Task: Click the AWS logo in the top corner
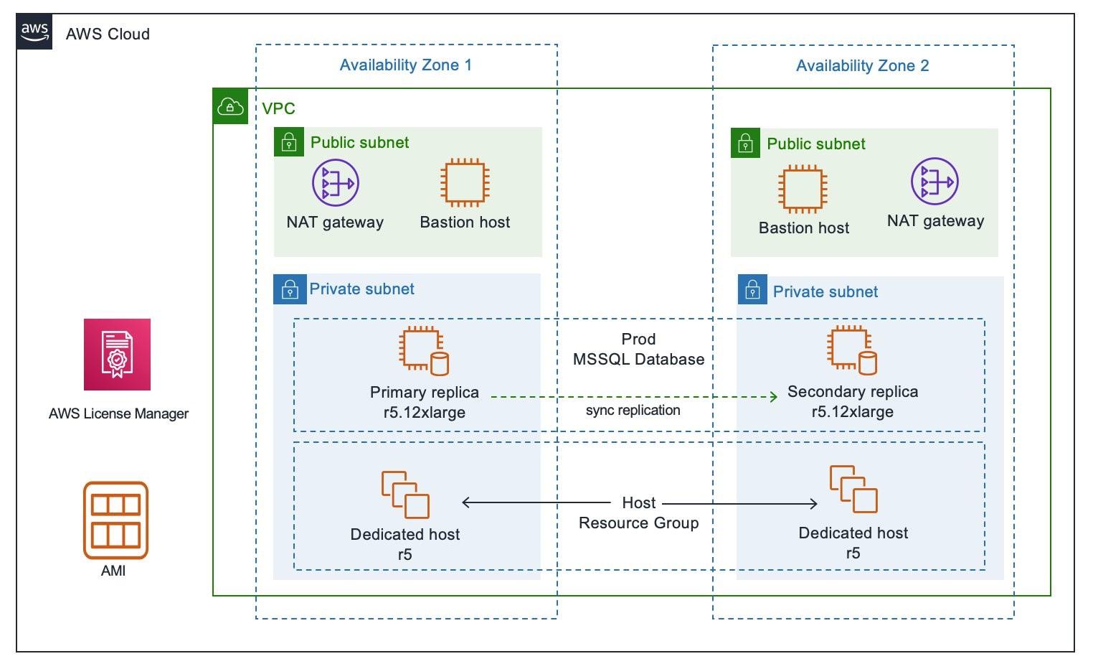pos(34,32)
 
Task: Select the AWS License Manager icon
pos(117,355)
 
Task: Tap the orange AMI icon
pos(115,520)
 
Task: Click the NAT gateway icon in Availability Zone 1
pos(335,183)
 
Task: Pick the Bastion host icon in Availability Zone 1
pos(465,183)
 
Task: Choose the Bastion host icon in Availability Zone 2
pos(803,190)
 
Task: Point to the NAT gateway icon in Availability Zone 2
pos(934,182)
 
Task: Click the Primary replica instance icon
pos(424,351)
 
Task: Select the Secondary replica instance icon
pos(852,350)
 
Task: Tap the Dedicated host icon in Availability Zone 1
pos(405,495)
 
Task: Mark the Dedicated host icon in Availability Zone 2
pos(853,490)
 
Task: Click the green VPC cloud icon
pos(230,107)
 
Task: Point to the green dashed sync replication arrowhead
pos(773,397)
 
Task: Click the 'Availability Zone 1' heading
pos(405,65)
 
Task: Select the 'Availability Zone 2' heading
pos(862,66)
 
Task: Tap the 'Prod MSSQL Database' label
pos(638,350)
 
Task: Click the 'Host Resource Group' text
pos(638,513)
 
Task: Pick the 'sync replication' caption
pos(633,411)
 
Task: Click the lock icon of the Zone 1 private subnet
pos(290,290)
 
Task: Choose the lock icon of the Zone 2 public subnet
pos(745,144)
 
